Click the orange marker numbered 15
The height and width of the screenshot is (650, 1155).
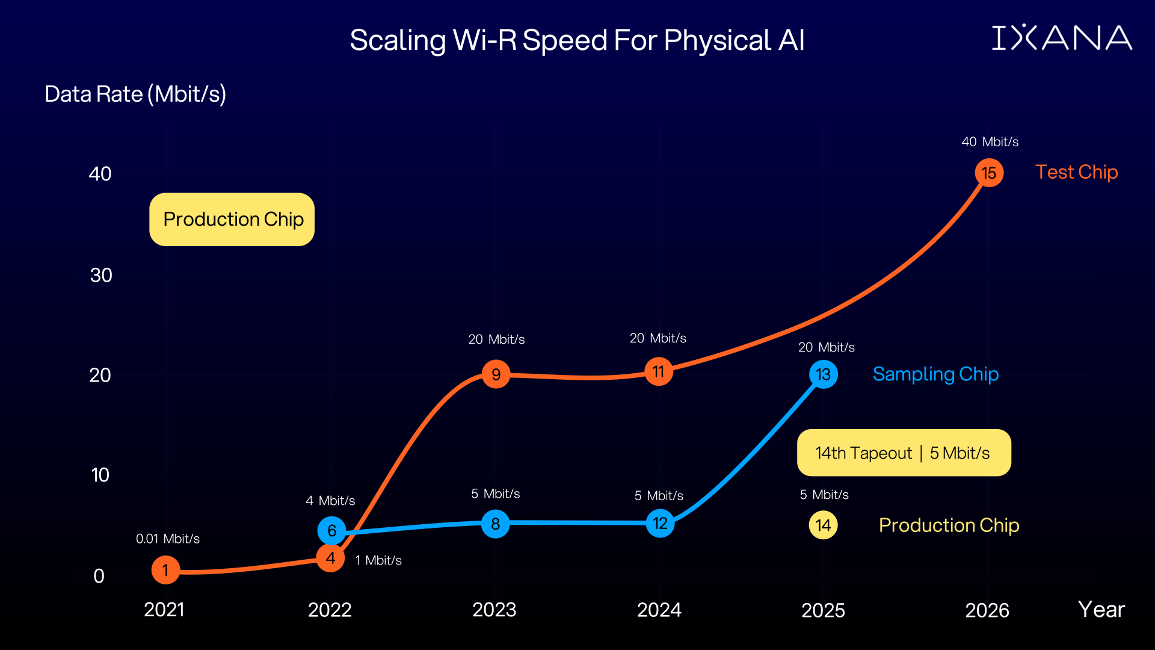point(989,173)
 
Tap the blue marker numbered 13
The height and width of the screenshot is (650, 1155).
point(824,374)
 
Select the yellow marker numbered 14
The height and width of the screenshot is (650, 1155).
point(823,525)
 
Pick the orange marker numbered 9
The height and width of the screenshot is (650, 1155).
point(496,374)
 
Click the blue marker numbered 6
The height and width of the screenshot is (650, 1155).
point(331,530)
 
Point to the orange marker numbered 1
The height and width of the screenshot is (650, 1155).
point(165,570)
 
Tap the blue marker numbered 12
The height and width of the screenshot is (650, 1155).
point(660,523)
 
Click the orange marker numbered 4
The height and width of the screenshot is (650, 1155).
point(330,558)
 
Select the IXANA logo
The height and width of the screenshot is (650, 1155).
point(1062,38)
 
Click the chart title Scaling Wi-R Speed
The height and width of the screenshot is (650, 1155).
point(576,40)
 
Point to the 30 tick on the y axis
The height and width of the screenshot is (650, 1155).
point(101,275)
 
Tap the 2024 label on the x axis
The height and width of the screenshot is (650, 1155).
point(659,610)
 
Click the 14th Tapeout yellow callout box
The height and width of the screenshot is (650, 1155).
point(904,453)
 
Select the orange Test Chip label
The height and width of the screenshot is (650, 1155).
point(1076,172)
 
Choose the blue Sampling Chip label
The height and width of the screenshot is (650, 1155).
point(935,374)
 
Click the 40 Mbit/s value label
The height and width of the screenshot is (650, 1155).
point(990,142)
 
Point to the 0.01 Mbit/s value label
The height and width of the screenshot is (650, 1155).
point(167,539)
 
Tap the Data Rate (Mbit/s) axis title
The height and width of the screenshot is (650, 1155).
point(135,94)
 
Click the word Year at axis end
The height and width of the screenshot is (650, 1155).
point(1101,610)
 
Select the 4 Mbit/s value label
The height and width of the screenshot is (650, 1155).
point(330,501)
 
